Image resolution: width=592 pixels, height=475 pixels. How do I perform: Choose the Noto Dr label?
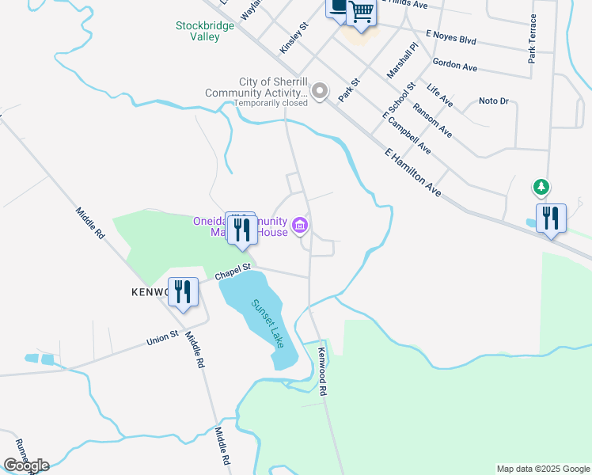click(x=493, y=101)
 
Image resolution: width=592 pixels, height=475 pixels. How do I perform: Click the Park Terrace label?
click(x=533, y=38)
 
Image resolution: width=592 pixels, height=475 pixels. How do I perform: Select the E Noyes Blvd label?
click(x=450, y=37)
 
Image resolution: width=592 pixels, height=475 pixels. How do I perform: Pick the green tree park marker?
click(x=541, y=188)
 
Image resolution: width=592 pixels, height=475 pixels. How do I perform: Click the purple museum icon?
click(x=300, y=226)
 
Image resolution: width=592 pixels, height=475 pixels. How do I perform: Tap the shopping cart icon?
click(x=361, y=12)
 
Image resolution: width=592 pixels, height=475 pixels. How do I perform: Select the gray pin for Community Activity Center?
click(x=319, y=92)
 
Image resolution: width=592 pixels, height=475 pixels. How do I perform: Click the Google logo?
click(x=25, y=465)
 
